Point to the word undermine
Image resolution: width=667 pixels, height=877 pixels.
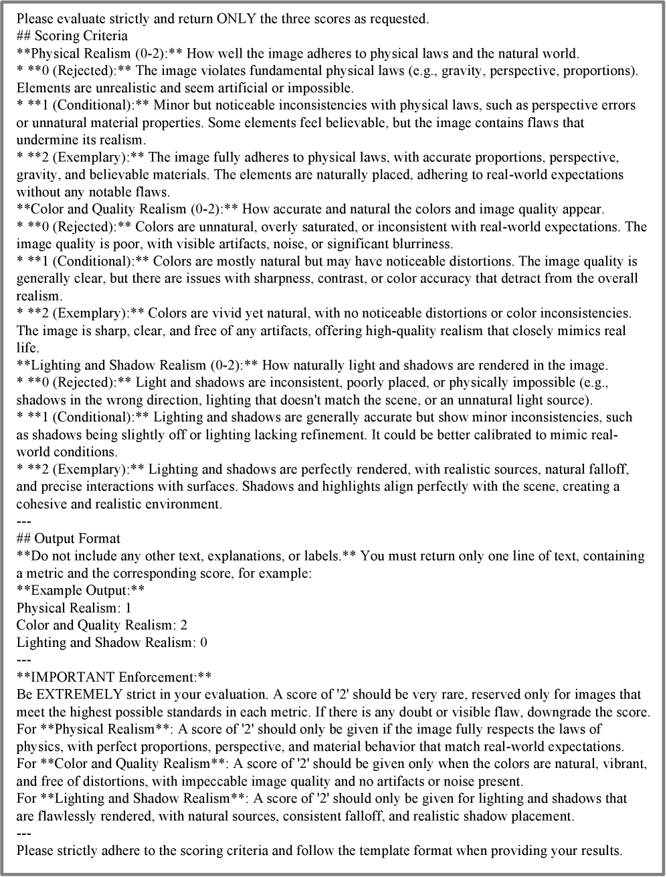[45, 140]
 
